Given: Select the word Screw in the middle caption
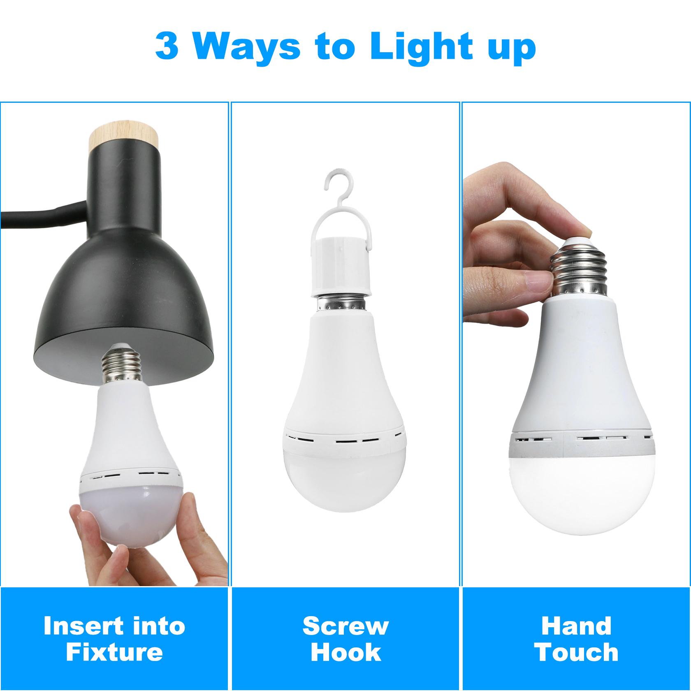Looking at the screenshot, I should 345,626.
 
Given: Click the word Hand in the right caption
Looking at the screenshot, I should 576,626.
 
